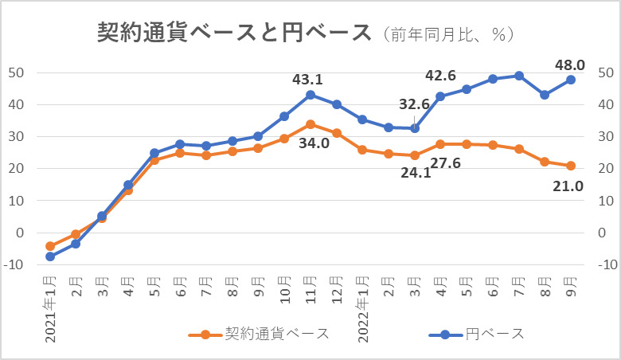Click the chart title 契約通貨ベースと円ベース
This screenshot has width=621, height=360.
[234, 33]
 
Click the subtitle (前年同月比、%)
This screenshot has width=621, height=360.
[448, 34]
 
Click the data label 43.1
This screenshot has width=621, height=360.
[307, 80]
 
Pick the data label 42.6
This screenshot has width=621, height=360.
[440, 76]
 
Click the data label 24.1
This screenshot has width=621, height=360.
[416, 173]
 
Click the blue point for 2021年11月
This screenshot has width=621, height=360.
[310, 95]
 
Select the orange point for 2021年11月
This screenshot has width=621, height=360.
[310, 124]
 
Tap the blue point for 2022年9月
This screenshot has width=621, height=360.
[571, 79]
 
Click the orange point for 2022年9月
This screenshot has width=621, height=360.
[571, 166]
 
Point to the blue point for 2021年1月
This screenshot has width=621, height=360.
[50, 256]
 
